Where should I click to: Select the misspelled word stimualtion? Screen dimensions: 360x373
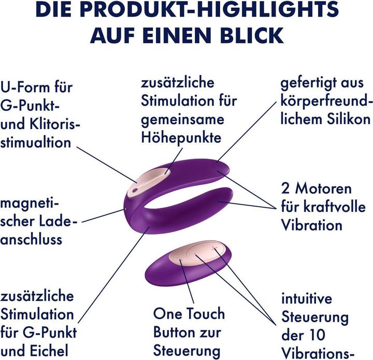click(x=36, y=142)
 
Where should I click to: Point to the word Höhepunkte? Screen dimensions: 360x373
click(x=181, y=138)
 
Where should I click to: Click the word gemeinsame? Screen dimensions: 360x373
click(x=176, y=120)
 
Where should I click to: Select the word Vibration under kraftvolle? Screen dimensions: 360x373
click(x=311, y=225)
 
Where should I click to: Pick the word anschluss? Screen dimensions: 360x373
click(x=31, y=239)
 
